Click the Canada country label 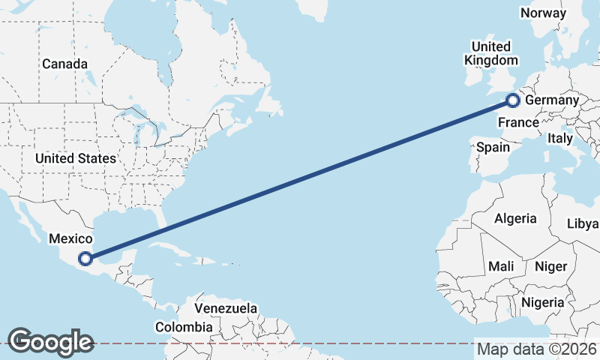coord(64,64)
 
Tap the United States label coord(75,158)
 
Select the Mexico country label coord(70,238)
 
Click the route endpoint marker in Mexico coord(86,259)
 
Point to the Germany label coord(552,100)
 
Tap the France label coord(519,122)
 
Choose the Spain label coord(493,147)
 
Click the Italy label coord(559,138)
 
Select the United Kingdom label coord(491,53)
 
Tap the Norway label coord(543,13)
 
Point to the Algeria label coord(515,218)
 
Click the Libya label coord(583,223)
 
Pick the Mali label coord(501,266)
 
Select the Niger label coord(550,266)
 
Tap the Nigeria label coord(543,301)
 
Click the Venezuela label coord(226,308)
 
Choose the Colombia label coord(184,327)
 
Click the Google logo coord(50,342)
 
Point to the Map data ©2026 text coord(537,349)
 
